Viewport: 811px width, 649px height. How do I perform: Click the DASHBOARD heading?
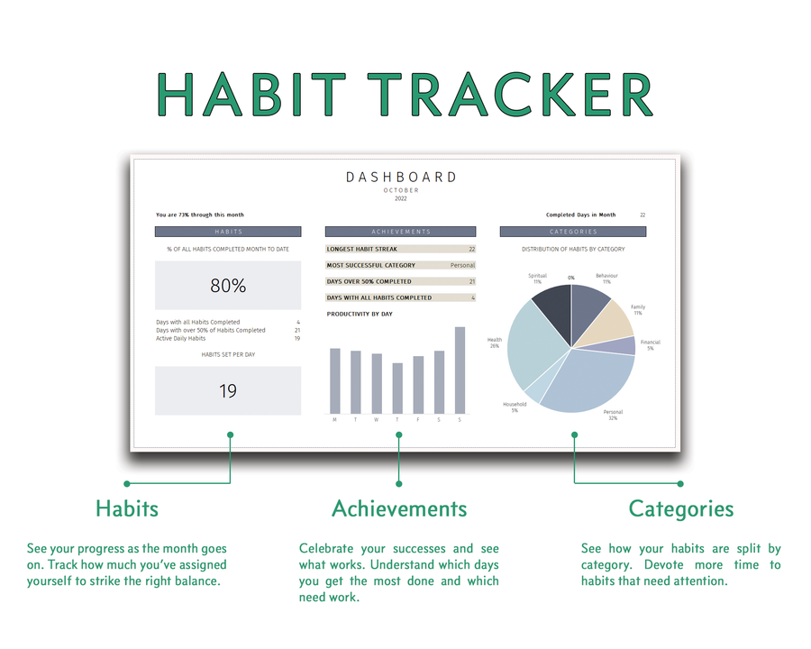pos(401,178)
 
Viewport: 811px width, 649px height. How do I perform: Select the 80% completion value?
pos(228,286)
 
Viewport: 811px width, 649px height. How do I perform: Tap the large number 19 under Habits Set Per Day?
pos(228,391)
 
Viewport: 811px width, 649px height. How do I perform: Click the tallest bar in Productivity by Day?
pos(460,370)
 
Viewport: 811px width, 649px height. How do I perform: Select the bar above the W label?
pos(377,383)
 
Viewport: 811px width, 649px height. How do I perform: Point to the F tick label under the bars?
pos(418,420)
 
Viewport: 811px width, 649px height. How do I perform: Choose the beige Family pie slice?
pos(613,320)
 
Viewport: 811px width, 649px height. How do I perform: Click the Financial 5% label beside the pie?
pos(650,345)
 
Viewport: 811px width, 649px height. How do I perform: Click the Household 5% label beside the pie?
pos(515,407)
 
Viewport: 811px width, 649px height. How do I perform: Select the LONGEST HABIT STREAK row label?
pos(361,249)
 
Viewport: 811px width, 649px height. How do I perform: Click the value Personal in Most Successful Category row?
pos(462,265)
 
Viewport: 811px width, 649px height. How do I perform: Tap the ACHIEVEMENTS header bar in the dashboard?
pos(400,232)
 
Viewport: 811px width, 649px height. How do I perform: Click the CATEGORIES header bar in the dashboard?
pos(573,232)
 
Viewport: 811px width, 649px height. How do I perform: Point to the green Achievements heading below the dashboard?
pos(399,508)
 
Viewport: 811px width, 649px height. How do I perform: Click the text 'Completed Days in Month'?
pos(580,215)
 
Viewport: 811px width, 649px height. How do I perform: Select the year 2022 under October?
pos(401,198)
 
